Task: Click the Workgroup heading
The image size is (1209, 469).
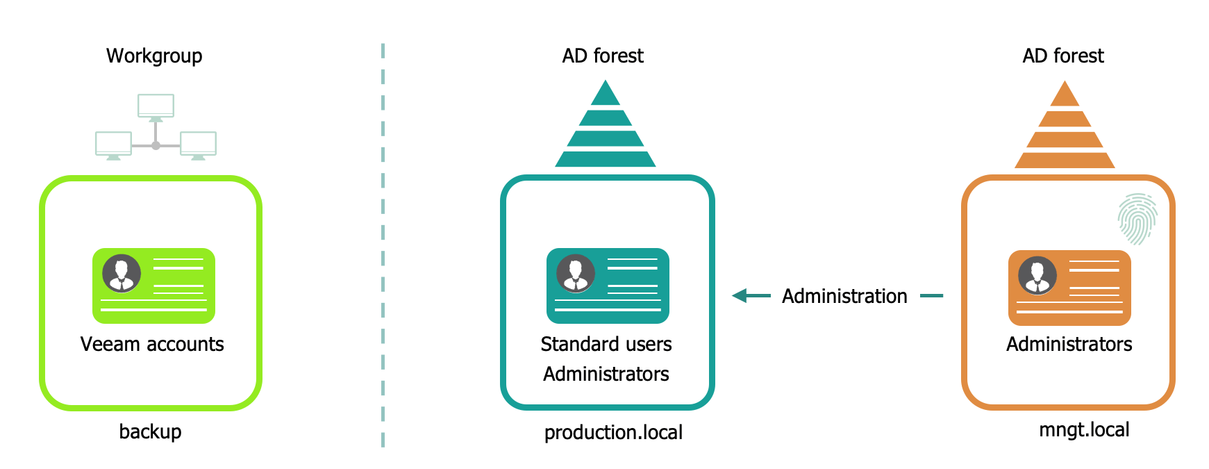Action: click(154, 56)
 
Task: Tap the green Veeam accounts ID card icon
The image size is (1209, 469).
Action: click(153, 286)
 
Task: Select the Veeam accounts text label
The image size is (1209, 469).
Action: click(152, 344)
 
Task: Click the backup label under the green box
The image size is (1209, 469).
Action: click(150, 431)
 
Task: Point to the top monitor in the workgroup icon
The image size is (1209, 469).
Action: click(156, 107)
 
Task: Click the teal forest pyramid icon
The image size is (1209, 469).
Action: click(606, 124)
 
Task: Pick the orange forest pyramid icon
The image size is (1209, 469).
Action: click(1065, 124)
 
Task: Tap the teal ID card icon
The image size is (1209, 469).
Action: click(608, 286)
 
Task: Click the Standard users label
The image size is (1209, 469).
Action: click(606, 344)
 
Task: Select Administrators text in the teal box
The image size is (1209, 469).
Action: click(606, 374)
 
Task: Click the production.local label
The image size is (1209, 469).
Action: click(613, 432)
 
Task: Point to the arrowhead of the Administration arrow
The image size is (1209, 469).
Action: click(733, 296)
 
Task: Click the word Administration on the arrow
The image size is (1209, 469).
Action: click(844, 296)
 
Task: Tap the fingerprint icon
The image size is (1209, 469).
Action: click(1137, 219)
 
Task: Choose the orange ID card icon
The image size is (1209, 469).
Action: click(1069, 288)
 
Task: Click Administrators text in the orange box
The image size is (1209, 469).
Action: click(1069, 344)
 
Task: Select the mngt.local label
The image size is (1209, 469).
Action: click(1084, 429)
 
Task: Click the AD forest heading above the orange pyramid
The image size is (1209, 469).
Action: click(1063, 56)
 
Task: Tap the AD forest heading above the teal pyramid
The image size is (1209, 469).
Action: click(603, 56)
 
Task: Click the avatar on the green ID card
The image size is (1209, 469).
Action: click(122, 273)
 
